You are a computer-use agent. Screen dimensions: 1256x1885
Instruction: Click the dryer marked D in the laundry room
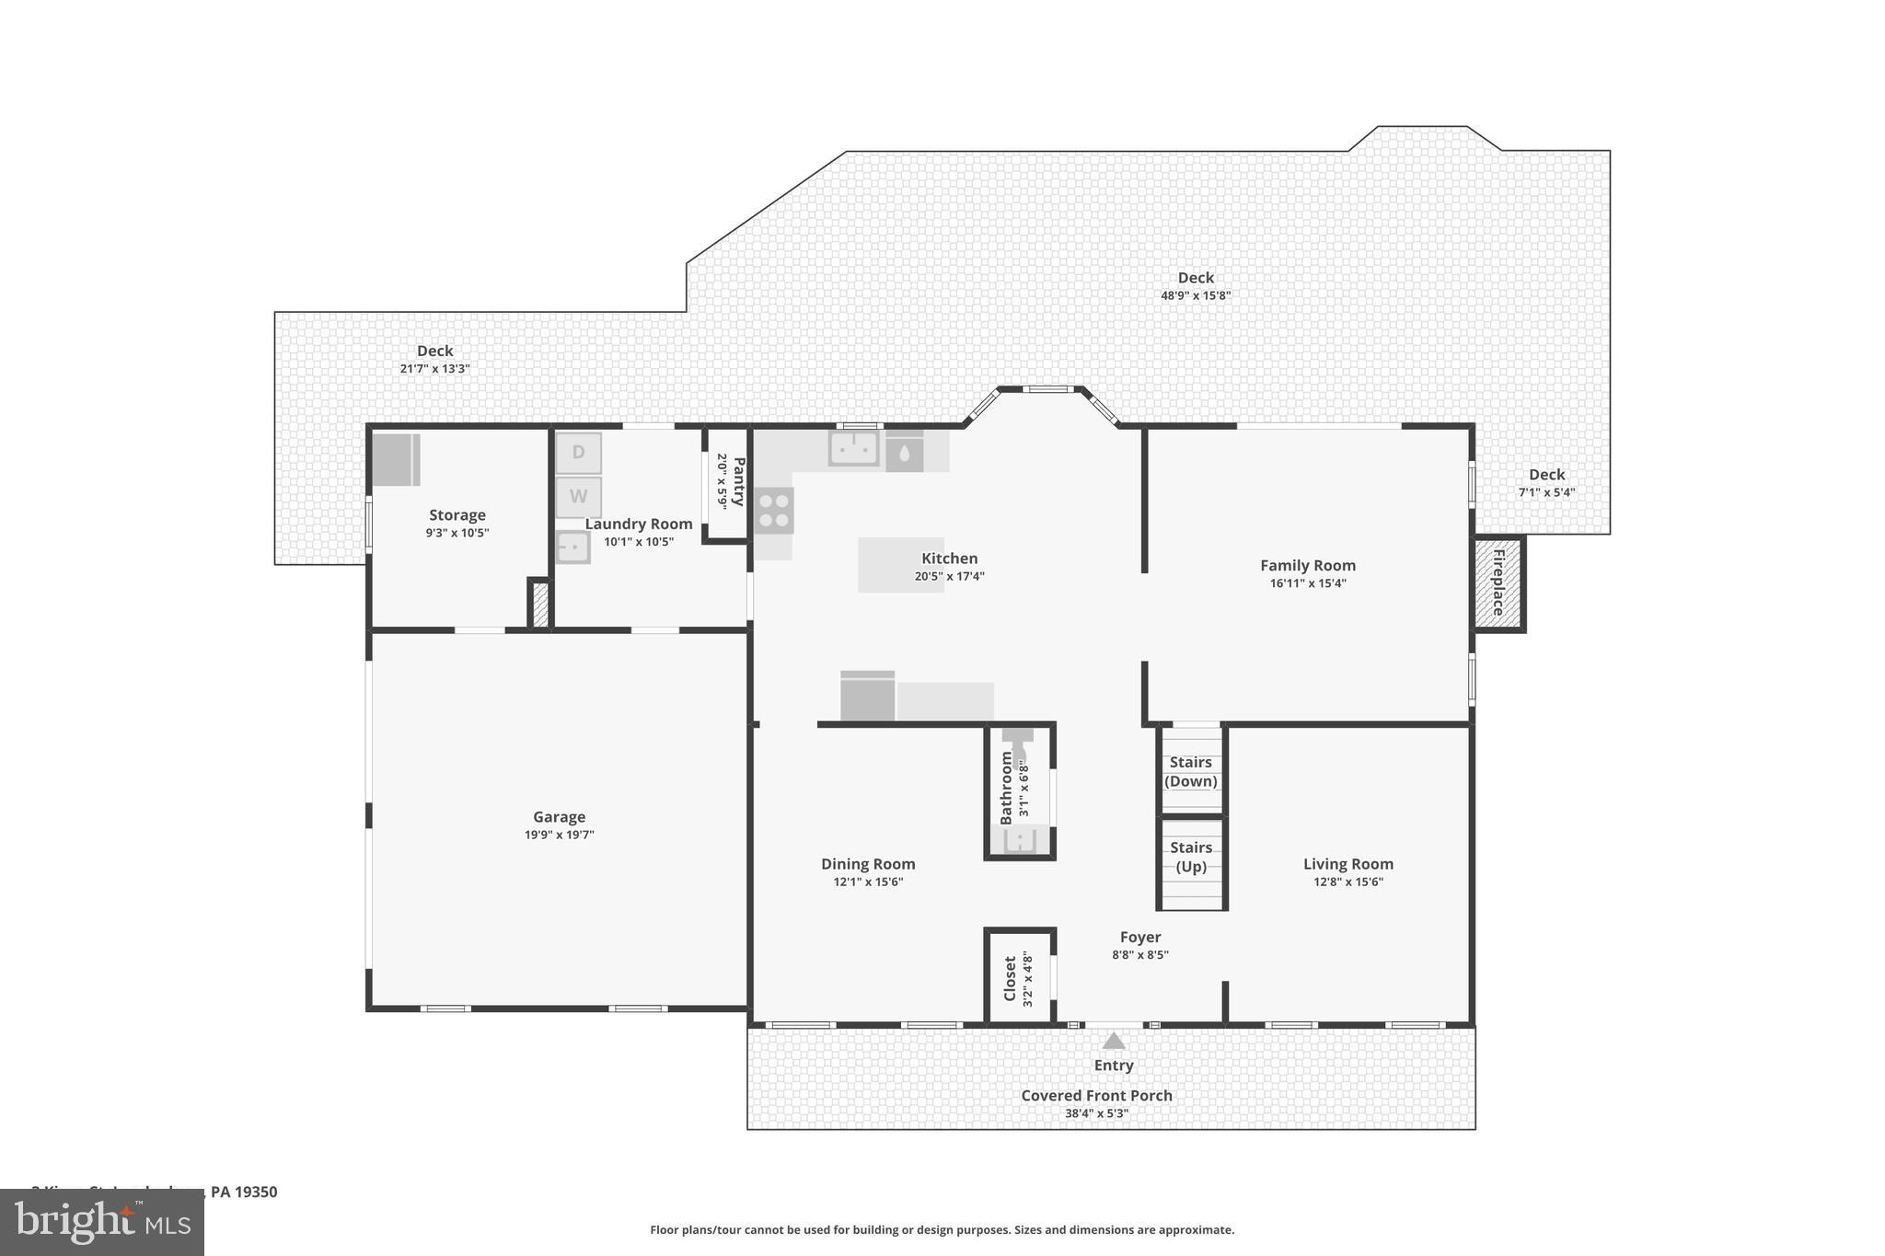pos(578,453)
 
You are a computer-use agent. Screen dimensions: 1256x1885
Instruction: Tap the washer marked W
pos(578,497)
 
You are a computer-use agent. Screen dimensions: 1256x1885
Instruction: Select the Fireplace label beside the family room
pos(1498,582)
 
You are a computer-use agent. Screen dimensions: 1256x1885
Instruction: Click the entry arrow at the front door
pos(1114,1041)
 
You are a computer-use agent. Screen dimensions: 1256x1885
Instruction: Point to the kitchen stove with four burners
pos(774,511)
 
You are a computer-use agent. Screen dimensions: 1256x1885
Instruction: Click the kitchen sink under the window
pos(853,449)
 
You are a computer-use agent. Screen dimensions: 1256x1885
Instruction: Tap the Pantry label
pos(738,481)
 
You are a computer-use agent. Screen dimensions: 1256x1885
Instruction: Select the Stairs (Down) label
pos(1191,771)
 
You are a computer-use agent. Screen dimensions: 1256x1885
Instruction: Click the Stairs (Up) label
pos(1191,857)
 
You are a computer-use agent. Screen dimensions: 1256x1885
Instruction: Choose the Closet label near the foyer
pos(1010,978)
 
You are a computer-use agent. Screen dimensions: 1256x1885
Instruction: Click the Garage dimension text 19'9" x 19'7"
pos(559,835)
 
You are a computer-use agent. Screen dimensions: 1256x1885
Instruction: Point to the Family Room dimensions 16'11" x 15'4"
pos(1307,582)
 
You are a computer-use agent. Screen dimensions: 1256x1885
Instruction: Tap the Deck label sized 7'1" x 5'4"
pos(1546,475)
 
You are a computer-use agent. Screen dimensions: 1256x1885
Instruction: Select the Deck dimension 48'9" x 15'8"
pos(1195,295)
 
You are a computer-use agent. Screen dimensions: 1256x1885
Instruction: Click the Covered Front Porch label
pos(1096,1095)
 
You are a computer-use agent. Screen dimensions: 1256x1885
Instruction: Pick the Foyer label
pos(1139,937)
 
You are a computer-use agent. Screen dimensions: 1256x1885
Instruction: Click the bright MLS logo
pos(101,1223)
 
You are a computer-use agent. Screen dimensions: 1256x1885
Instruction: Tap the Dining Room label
pos(868,863)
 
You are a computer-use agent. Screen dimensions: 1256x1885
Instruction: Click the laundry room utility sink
pos(572,547)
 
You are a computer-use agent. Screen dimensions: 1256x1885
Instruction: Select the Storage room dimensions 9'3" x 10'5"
pos(457,532)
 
